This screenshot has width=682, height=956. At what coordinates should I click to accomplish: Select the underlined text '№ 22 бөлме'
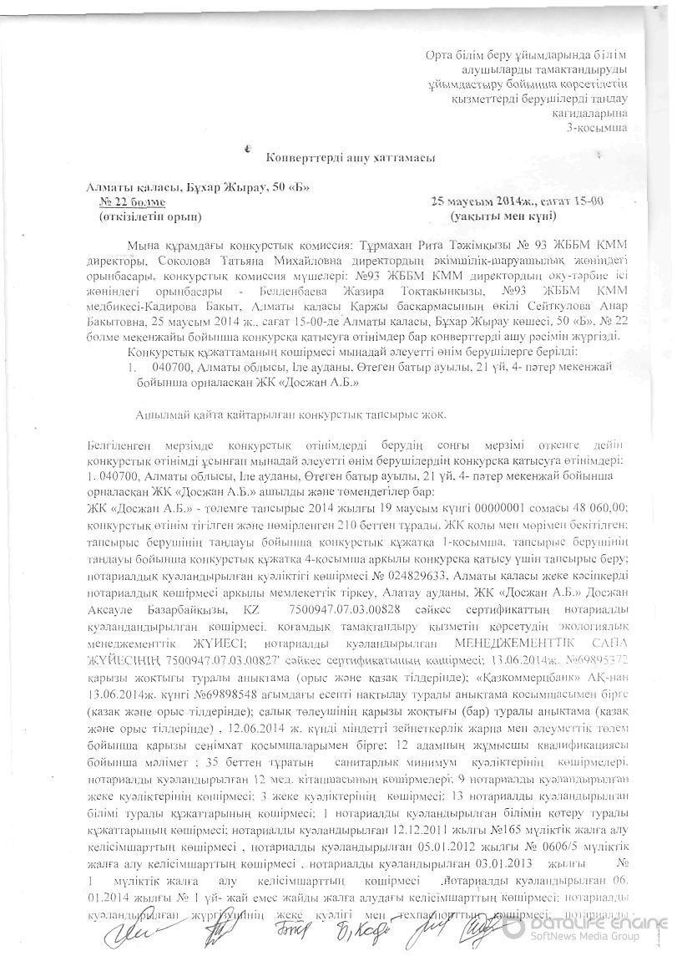(132, 202)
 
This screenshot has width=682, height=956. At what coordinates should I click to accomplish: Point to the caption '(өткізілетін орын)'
(150, 216)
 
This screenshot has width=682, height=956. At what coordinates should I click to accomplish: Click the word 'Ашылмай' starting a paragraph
(160, 414)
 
